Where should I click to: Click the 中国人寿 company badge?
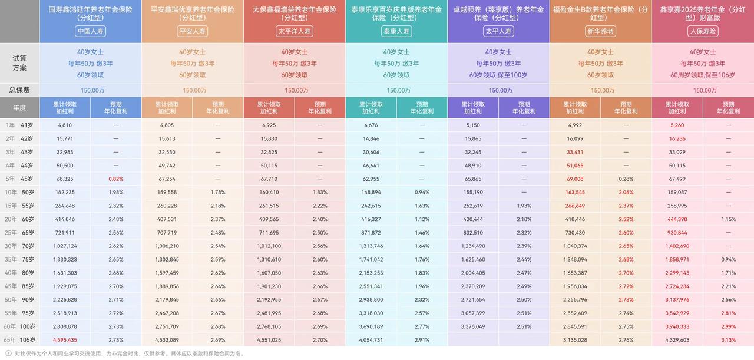coord(90,31)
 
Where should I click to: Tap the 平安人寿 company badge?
coord(192,31)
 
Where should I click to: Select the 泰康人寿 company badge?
coord(396,31)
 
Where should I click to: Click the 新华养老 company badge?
coord(600,31)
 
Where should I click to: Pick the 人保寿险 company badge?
coord(703,31)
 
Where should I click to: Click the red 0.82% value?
coord(116,179)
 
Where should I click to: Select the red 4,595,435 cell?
coord(65,340)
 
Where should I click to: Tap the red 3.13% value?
coord(729,340)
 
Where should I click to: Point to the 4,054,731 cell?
coord(371,340)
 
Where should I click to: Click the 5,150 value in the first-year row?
coord(473,125)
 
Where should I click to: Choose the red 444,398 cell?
coord(677,219)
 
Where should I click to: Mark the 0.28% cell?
coord(626,179)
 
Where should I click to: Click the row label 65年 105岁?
coord(19,340)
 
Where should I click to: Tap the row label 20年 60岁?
coord(19,219)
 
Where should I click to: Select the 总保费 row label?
coord(19,90)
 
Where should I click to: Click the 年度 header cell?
coord(19,108)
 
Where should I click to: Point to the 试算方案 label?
coord(19,63)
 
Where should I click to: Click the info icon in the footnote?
coord(8,354)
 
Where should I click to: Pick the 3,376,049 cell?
coord(473,326)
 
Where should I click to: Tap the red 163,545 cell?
coord(575,193)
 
